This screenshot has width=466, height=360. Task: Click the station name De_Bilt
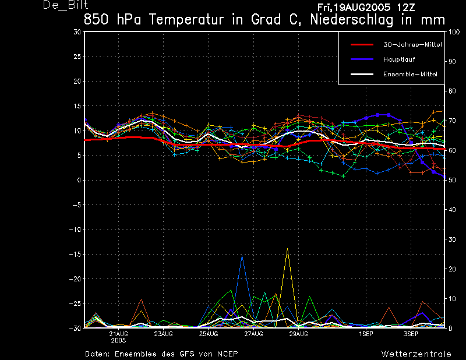(65, 5)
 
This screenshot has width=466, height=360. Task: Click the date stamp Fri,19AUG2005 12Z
(366, 8)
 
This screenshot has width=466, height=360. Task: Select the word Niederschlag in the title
(352, 20)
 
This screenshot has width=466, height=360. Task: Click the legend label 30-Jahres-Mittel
(412, 45)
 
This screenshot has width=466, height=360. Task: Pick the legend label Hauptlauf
(399, 59)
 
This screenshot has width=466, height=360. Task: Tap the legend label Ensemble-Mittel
(410, 75)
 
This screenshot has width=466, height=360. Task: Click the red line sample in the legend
(362, 45)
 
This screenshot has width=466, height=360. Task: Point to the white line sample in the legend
(362, 75)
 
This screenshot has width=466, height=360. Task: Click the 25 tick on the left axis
(77, 57)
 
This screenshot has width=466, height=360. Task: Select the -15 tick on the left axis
(75, 255)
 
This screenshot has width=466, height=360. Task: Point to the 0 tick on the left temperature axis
(79, 180)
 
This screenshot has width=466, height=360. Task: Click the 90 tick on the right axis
(452, 62)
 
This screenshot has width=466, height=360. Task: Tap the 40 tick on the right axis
(452, 210)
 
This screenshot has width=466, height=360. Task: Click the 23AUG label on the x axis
(164, 334)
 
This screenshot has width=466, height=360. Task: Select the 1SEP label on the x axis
(366, 334)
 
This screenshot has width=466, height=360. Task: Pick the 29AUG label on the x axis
(299, 334)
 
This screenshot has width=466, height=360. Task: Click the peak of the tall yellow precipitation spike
(287, 248)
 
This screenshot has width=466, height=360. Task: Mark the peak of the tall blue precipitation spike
(242, 255)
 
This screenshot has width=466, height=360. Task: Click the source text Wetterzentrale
(416, 354)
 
